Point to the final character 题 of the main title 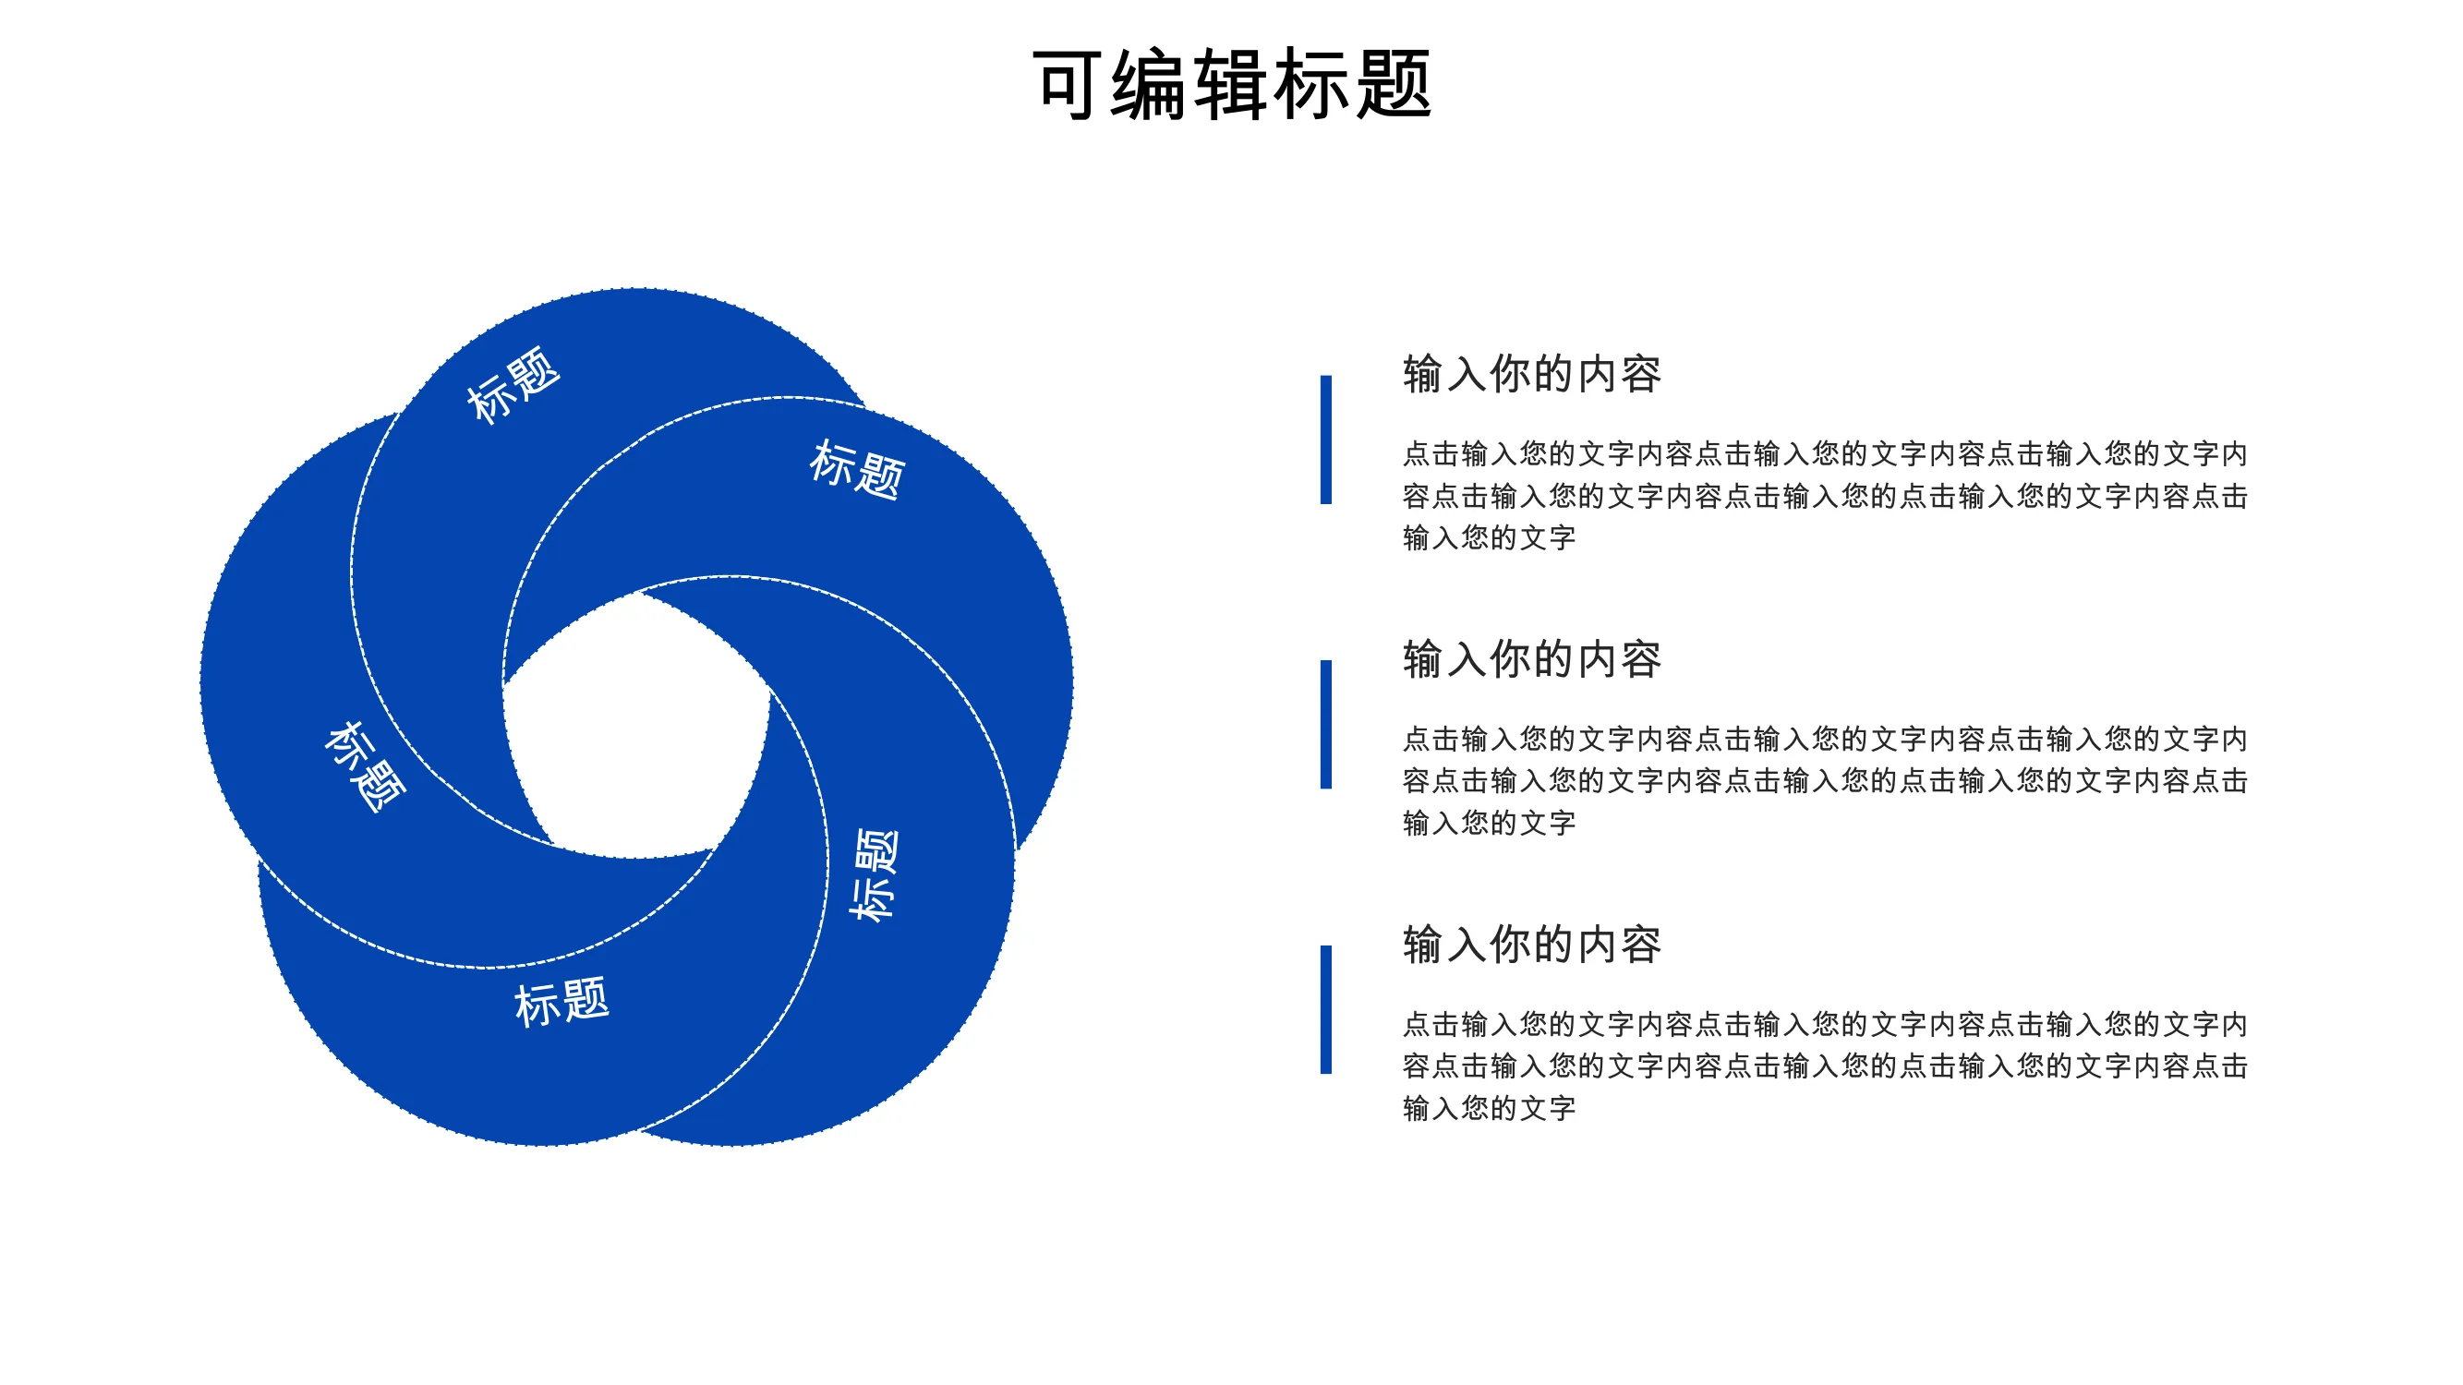(x=1393, y=84)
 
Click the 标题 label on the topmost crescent (x=513, y=384)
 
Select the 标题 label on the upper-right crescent (x=858, y=469)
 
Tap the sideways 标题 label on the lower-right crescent (x=874, y=874)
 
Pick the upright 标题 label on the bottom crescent (x=561, y=1003)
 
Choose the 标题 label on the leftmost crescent (x=365, y=766)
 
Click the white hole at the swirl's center (x=635, y=727)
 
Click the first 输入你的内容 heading (x=1532, y=374)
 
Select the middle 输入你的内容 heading (x=1532, y=659)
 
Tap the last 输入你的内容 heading (x=1532, y=945)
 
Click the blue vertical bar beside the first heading (x=1325, y=440)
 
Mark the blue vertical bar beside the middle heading (x=1325, y=725)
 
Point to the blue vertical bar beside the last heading (x=1325, y=1009)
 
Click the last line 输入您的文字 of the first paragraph (x=1489, y=538)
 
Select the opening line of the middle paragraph (x=1824, y=739)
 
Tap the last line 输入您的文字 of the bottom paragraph (x=1489, y=1109)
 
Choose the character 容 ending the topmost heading (x=1641, y=374)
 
